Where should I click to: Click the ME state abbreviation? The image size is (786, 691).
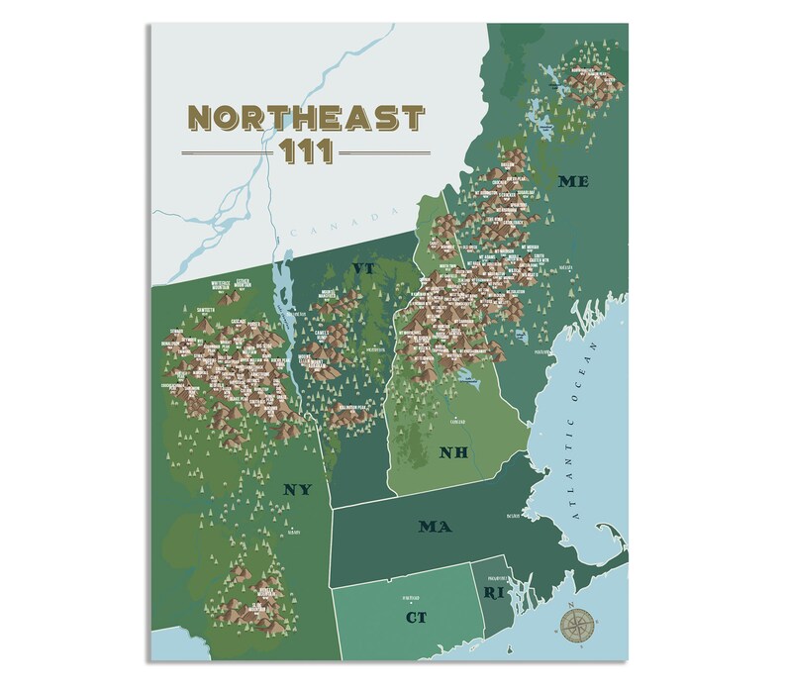[x=573, y=181]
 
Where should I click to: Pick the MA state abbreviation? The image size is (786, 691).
[x=435, y=527]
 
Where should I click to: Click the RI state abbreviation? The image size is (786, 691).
[x=493, y=593]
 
